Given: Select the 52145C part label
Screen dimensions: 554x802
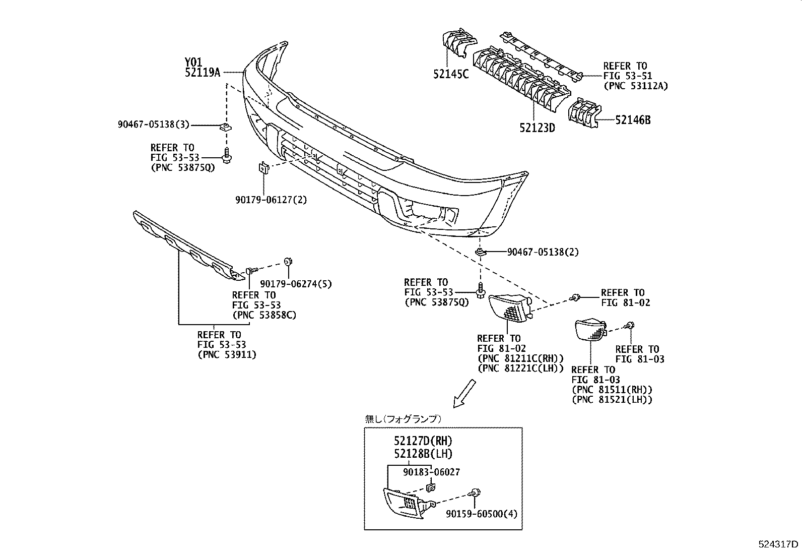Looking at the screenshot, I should coord(450,74).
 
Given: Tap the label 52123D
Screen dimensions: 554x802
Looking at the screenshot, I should coord(537,128).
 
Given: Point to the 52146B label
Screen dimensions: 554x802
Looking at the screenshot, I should coord(632,120).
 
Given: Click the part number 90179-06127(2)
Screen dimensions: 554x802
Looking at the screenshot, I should coord(271,200).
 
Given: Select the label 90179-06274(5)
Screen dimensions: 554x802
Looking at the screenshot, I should coord(296,284).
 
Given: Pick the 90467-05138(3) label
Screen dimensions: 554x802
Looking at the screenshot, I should coord(154,125).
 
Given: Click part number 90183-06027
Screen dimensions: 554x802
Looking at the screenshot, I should coord(431,472).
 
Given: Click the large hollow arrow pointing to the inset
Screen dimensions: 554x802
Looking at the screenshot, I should coord(464,393).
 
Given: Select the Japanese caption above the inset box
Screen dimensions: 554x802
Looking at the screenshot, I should coord(403,418).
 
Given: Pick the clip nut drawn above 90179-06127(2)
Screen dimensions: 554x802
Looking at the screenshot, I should coord(263,168).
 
